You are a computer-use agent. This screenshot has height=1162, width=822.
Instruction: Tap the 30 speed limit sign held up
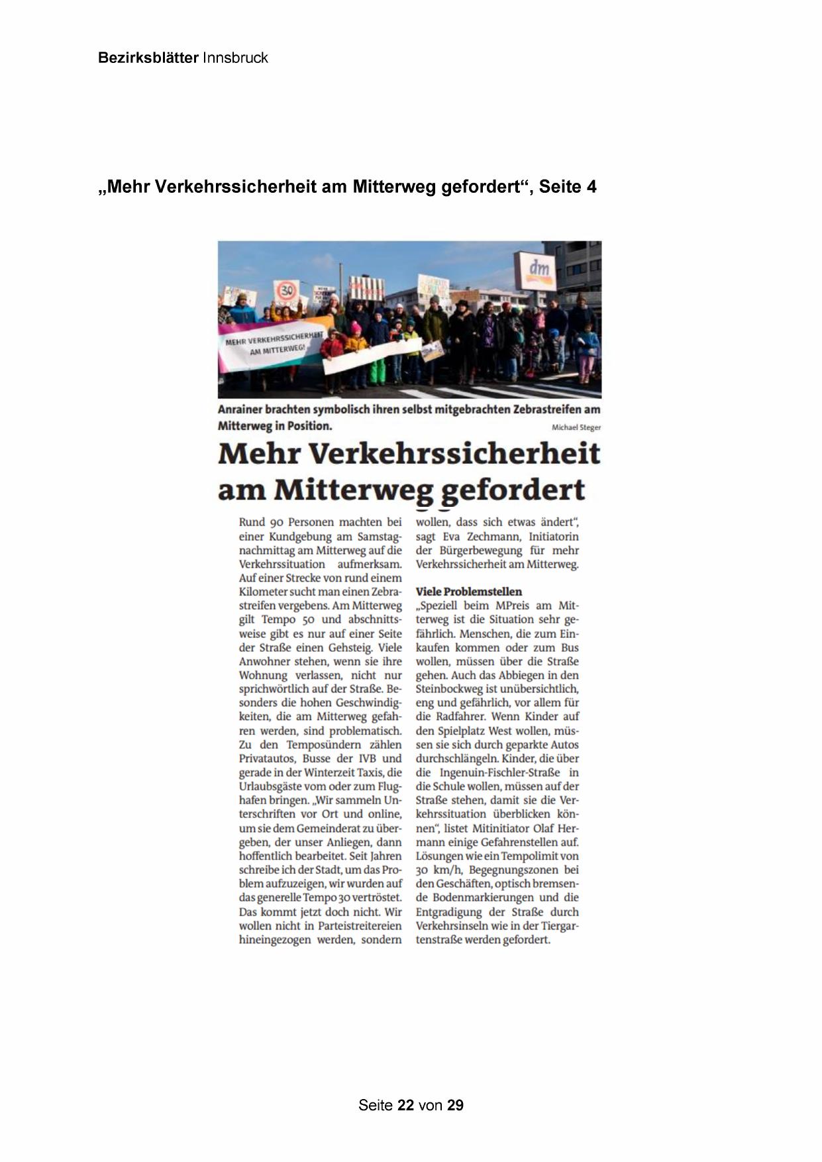[286, 290]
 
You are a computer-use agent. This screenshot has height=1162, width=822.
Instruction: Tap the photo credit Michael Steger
[576, 428]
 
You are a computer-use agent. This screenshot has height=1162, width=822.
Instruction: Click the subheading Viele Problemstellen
[469, 592]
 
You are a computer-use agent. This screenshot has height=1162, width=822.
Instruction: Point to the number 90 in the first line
[276, 522]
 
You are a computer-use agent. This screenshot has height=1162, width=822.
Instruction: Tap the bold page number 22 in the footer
[406, 1105]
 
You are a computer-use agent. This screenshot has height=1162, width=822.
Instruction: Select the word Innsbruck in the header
[235, 58]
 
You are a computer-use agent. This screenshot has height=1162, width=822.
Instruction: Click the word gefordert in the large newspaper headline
[513, 491]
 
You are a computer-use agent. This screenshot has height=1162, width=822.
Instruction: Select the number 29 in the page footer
[455, 1105]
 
